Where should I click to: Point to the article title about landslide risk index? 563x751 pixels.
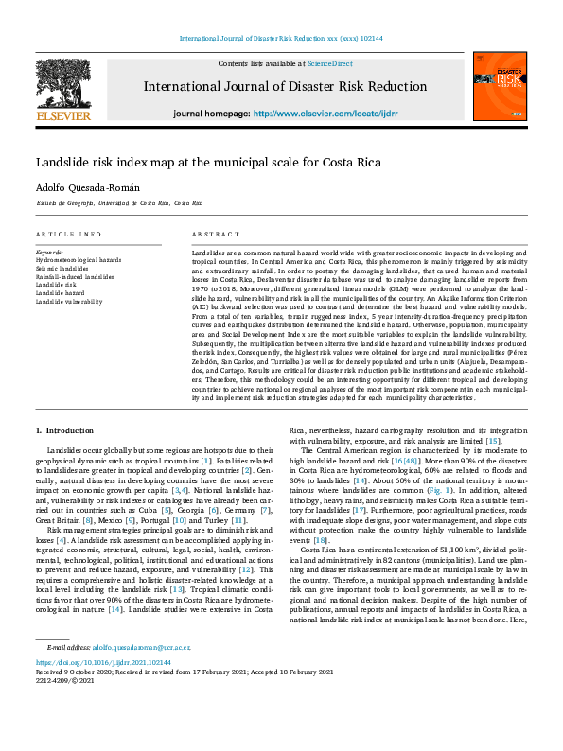(x=208, y=162)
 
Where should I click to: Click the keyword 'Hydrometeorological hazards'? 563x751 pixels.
(x=78, y=258)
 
